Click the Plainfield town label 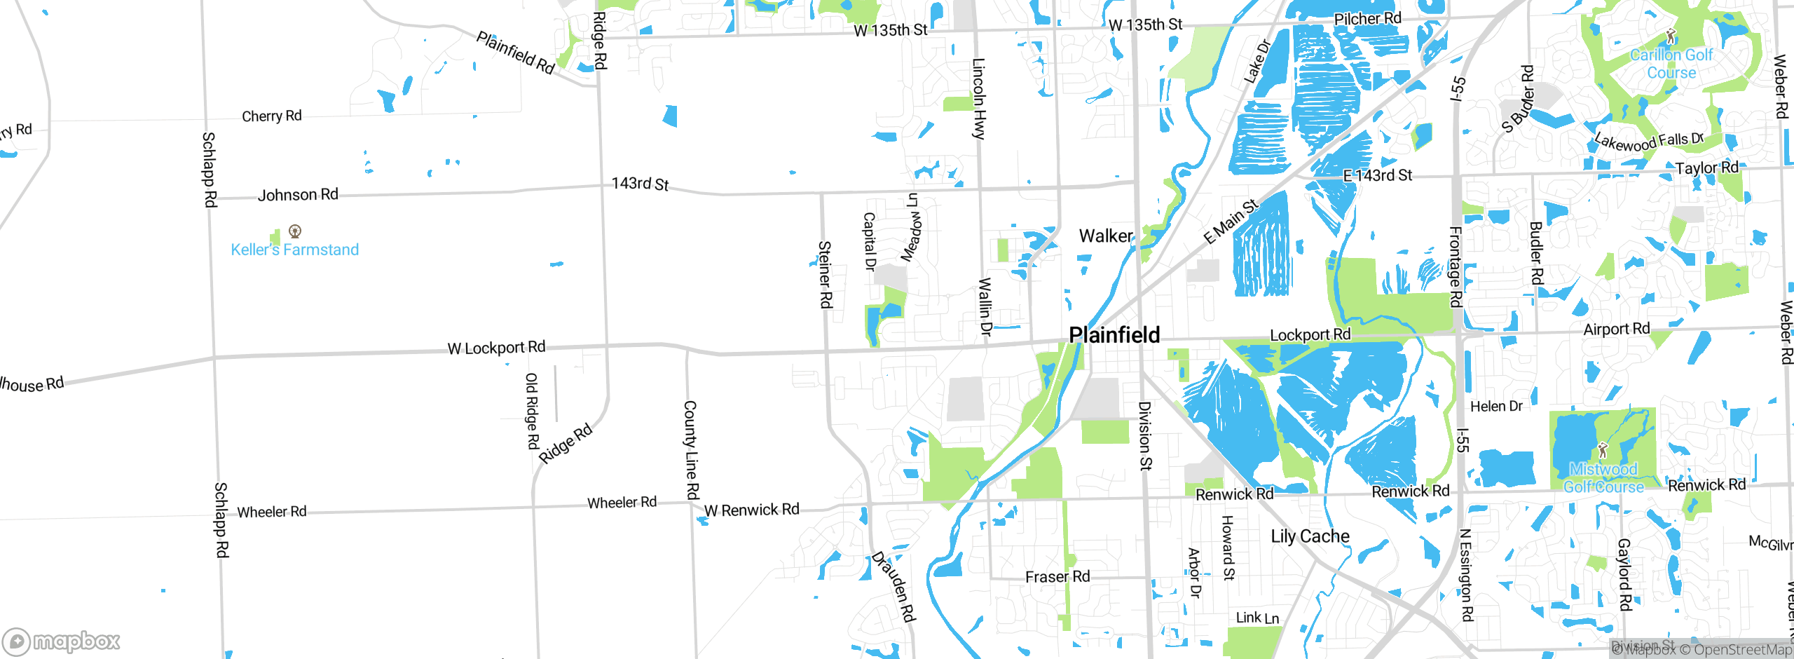[x=1114, y=335]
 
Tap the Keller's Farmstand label [x=294, y=250]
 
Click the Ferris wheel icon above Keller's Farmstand [x=295, y=231]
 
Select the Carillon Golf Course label [x=1671, y=64]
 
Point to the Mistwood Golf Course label [x=1603, y=478]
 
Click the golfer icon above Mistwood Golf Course [x=1602, y=449]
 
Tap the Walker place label [x=1106, y=236]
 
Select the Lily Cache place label [x=1310, y=536]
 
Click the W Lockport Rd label [x=496, y=348]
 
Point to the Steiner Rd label [x=826, y=274]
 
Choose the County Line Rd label [x=691, y=449]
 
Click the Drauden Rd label [x=893, y=586]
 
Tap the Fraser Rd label [x=1057, y=577]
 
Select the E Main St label [x=1231, y=222]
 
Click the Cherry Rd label [x=271, y=116]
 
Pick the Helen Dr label [x=1496, y=407]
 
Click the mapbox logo [x=62, y=641]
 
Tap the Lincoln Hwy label [x=979, y=98]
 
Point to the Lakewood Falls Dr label [x=1648, y=142]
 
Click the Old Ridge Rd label [x=532, y=411]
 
